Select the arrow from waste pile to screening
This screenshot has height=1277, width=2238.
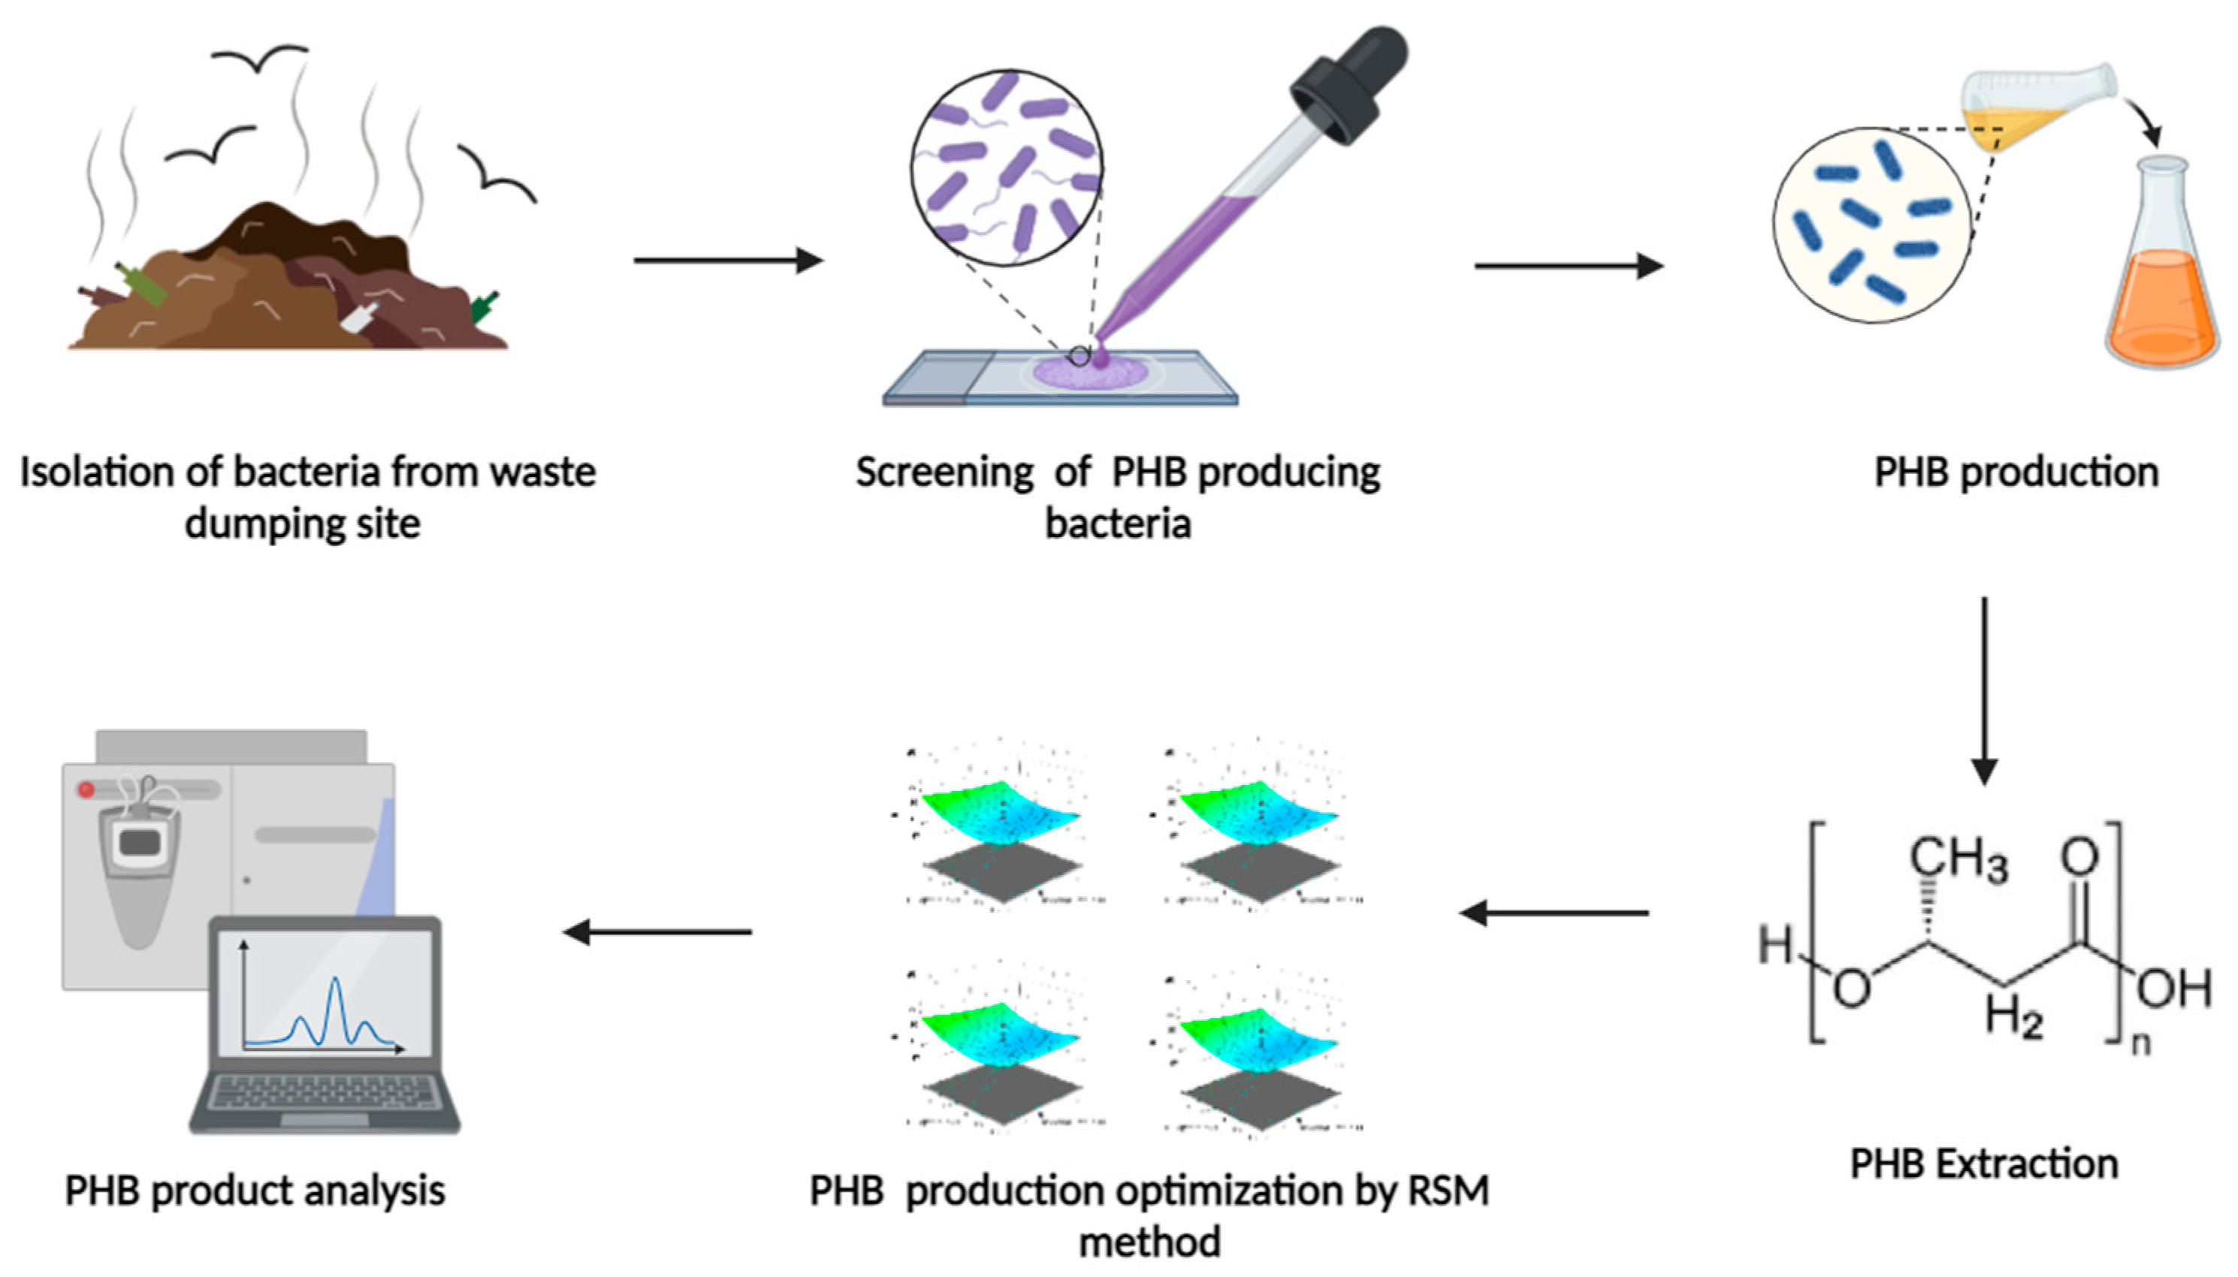(x=728, y=261)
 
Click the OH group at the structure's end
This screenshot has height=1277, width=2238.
(x=2173, y=989)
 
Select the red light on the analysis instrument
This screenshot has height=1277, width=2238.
(x=86, y=789)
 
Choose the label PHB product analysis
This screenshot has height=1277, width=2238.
(x=255, y=1191)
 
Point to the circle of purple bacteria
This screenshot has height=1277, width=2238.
(x=1007, y=167)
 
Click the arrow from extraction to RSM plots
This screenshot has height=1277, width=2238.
(x=1554, y=913)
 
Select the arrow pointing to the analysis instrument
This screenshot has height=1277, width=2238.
(x=657, y=931)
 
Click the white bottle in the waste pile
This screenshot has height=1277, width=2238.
(x=360, y=315)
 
